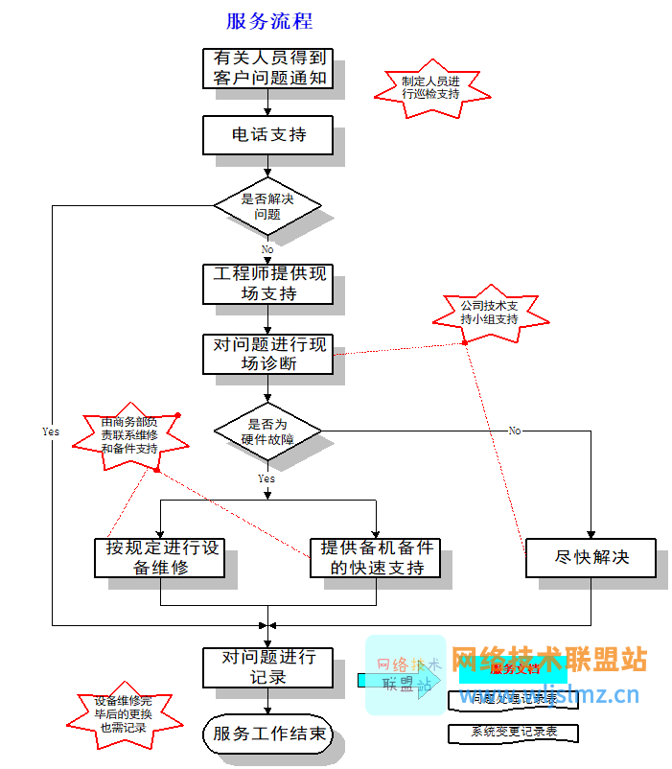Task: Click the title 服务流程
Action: (x=268, y=21)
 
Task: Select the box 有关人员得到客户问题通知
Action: (x=268, y=68)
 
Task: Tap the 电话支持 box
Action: (x=268, y=135)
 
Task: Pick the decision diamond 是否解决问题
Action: (x=267, y=206)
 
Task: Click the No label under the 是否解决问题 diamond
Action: (x=266, y=249)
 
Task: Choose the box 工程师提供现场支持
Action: (x=268, y=284)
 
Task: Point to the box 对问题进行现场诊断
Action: (x=268, y=354)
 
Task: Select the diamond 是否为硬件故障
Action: (x=267, y=431)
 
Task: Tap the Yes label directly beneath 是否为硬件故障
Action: (x=266, y=478)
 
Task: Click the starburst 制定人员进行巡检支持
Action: (x=430, y=87)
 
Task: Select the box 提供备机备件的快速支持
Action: (x=377, y=557)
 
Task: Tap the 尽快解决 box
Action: (x=591, y=557)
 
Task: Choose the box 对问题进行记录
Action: (x=268, y=666)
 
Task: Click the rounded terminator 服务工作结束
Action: (x=268, y=735)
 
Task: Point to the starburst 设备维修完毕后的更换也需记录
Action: (x=123, y=714)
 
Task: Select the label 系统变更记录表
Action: (x=514, y=733)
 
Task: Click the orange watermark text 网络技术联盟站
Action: (x=549, y=660)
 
